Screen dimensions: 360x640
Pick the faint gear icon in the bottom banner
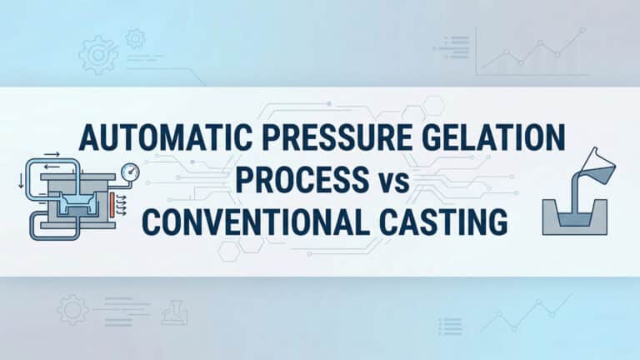[72, 312]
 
